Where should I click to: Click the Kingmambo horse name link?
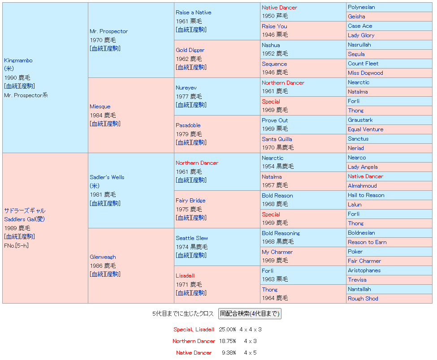tap(18, 60)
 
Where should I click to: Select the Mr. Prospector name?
tap(108, 31)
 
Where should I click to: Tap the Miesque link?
tap(100, 107)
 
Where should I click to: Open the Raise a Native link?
tap(193, 13)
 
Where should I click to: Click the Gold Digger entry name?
tap(190, 50)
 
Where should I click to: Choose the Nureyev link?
tap(186, 88)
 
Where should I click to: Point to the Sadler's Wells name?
tap(107, 177)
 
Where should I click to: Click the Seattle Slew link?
tap(192, 238)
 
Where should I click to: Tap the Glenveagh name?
tap(103, 257)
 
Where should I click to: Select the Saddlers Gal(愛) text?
tap(25, 219)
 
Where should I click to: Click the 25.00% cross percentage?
tap(227, 330)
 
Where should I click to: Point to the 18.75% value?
tap(227, 341)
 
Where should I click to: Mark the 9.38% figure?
tap(229, 353)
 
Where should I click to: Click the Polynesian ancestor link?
tap(361, 7)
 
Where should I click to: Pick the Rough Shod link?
tap(363, 299)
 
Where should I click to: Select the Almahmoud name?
tap(362, 186)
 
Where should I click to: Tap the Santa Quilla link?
tap(277, 139)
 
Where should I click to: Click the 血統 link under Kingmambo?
tap(12, 86)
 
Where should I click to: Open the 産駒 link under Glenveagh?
tap(113, 274)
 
